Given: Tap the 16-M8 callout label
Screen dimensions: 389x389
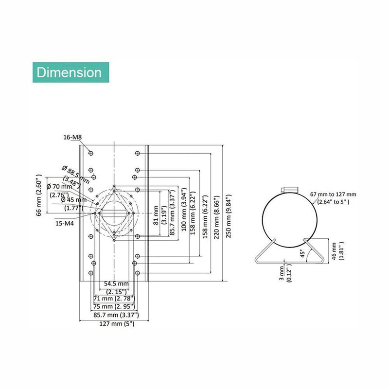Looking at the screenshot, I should (72, 138).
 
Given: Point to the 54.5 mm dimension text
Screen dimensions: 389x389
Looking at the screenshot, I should (116, 283).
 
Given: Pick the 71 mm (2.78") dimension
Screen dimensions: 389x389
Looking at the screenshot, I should (114, 298).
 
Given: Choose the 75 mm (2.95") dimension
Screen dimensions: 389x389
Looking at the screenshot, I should (114, 307).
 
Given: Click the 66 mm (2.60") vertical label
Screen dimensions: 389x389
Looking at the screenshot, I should (40, 194).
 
